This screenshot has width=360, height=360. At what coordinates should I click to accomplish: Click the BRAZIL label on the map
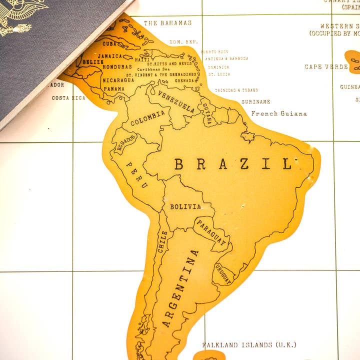point(233,163)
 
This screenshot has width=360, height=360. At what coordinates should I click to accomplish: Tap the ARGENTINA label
point(180,288)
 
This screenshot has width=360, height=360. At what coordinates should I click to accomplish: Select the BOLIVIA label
point(185,206)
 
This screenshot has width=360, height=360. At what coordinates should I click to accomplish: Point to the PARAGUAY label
point(211,233)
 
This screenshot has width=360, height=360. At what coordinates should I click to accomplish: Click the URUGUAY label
point(223,273)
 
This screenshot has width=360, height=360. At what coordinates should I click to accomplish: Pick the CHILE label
point(162,241)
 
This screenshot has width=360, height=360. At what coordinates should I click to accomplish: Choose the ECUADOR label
point(125,143)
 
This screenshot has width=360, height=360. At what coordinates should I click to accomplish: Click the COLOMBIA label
point(147,118)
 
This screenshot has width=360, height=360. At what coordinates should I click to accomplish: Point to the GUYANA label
point(206,111)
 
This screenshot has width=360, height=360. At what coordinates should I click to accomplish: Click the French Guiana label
point(279,113)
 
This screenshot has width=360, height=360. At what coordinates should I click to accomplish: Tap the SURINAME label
point(256,101)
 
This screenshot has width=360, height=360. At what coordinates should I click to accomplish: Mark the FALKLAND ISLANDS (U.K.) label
point(249,345)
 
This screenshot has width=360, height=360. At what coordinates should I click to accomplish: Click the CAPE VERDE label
point(327,66)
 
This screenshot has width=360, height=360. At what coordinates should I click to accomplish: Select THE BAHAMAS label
point(167,23)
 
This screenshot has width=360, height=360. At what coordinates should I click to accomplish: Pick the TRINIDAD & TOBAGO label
point(236,90)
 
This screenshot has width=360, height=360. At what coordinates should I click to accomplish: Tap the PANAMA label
point(114,89)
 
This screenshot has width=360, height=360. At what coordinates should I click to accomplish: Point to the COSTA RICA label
point(68,98)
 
